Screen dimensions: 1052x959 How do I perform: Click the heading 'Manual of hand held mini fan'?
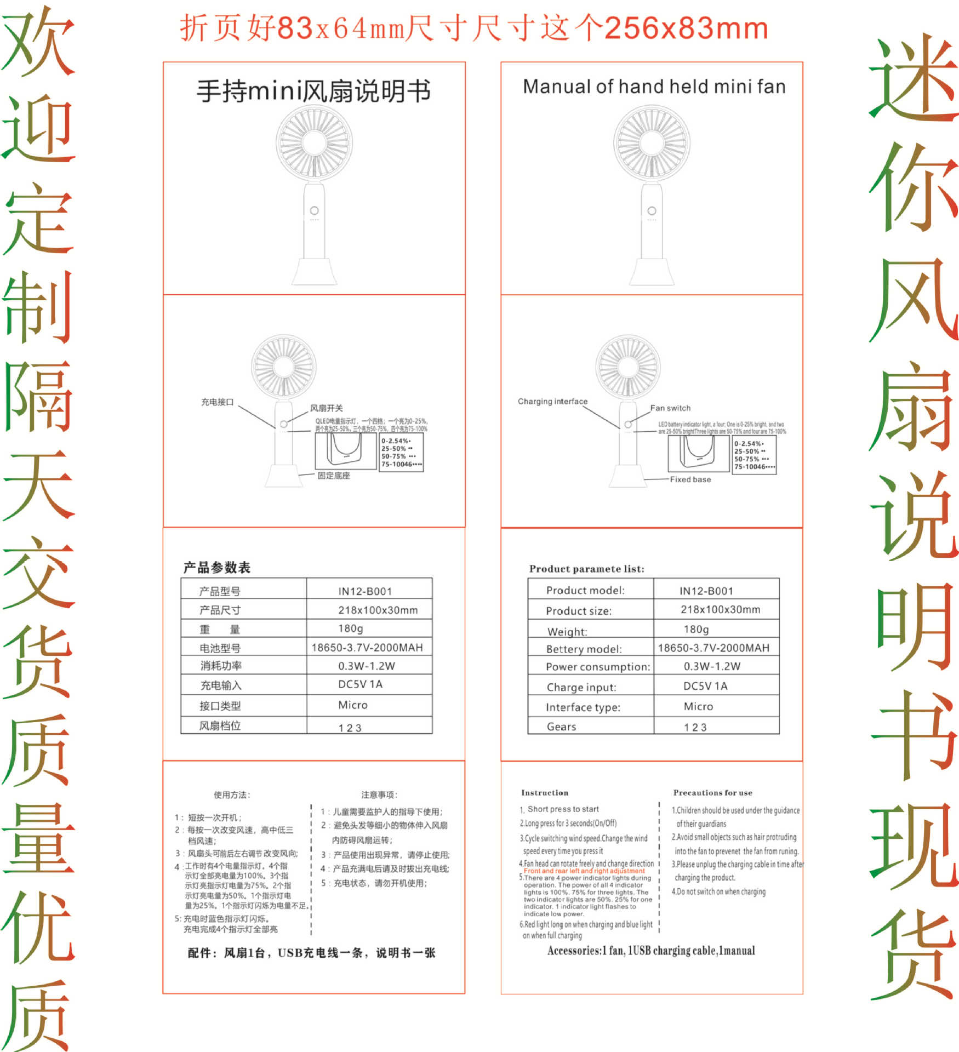coord(654,87)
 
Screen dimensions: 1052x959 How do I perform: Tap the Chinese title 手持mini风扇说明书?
coord(313,91)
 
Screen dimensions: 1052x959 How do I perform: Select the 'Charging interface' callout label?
coord(552,401)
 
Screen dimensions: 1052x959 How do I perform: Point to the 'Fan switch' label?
coord(670,408)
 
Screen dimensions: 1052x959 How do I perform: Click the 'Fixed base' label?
coord(690,479)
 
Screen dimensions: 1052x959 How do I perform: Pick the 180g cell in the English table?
coord(696,629)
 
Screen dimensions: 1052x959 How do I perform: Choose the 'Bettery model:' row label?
coord(584,649)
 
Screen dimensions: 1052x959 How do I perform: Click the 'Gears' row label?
coord(561,727)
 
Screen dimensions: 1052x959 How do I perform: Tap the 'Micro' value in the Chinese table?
coord(352,705)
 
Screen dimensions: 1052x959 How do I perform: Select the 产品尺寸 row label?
coord(220,610)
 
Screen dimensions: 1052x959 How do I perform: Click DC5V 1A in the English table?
coord(705,686)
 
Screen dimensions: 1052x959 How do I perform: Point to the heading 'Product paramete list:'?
coord(586,569)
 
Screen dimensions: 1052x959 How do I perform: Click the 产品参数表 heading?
coord(217,568)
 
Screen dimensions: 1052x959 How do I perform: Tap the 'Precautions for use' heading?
coord(712,793)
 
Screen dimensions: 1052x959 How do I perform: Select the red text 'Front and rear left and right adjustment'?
coord(584,871)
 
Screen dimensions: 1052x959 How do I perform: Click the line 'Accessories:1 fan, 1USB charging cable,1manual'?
coord(651,951)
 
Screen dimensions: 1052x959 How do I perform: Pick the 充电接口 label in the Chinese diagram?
coord(217,402)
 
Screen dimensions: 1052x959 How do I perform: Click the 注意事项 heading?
coord(379,794)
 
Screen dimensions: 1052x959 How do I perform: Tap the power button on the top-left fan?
coord(314,210)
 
